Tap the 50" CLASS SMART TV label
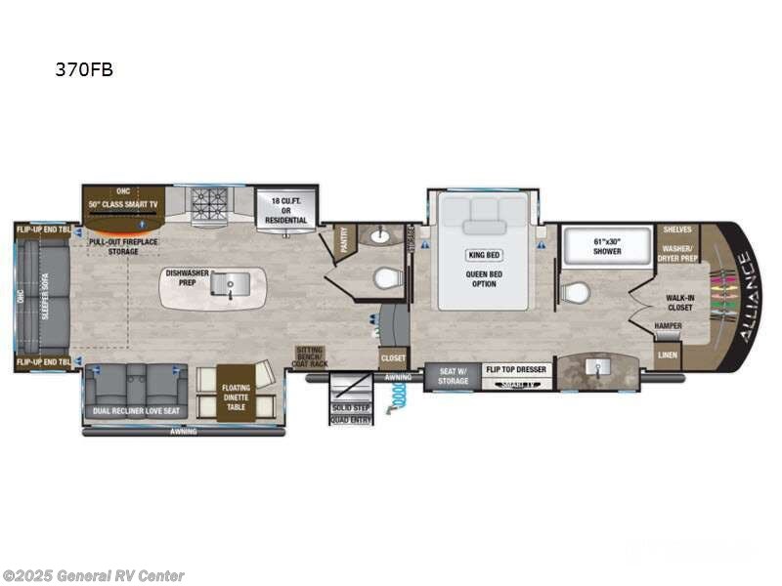(x=123, y=203)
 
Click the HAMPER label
(x=670, y=326)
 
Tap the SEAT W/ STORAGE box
(x=452, y=375)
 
